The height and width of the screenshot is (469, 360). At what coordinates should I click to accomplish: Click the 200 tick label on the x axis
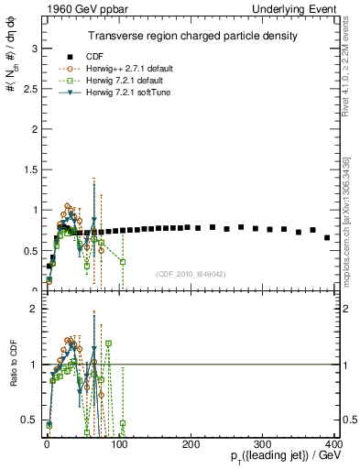pyautogui.click(x=191, y=444)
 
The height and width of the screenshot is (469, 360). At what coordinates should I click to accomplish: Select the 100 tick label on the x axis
pyautogui.click(x=119, y=444)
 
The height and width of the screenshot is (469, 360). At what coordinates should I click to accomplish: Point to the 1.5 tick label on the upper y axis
pyautogui.click(x=31, y=169)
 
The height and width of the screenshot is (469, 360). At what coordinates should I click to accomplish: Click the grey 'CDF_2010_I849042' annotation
pyautogui.click(x=191, y=274)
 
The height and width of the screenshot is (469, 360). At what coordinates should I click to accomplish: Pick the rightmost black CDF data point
pyautogui.click(x=327, y=237)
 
